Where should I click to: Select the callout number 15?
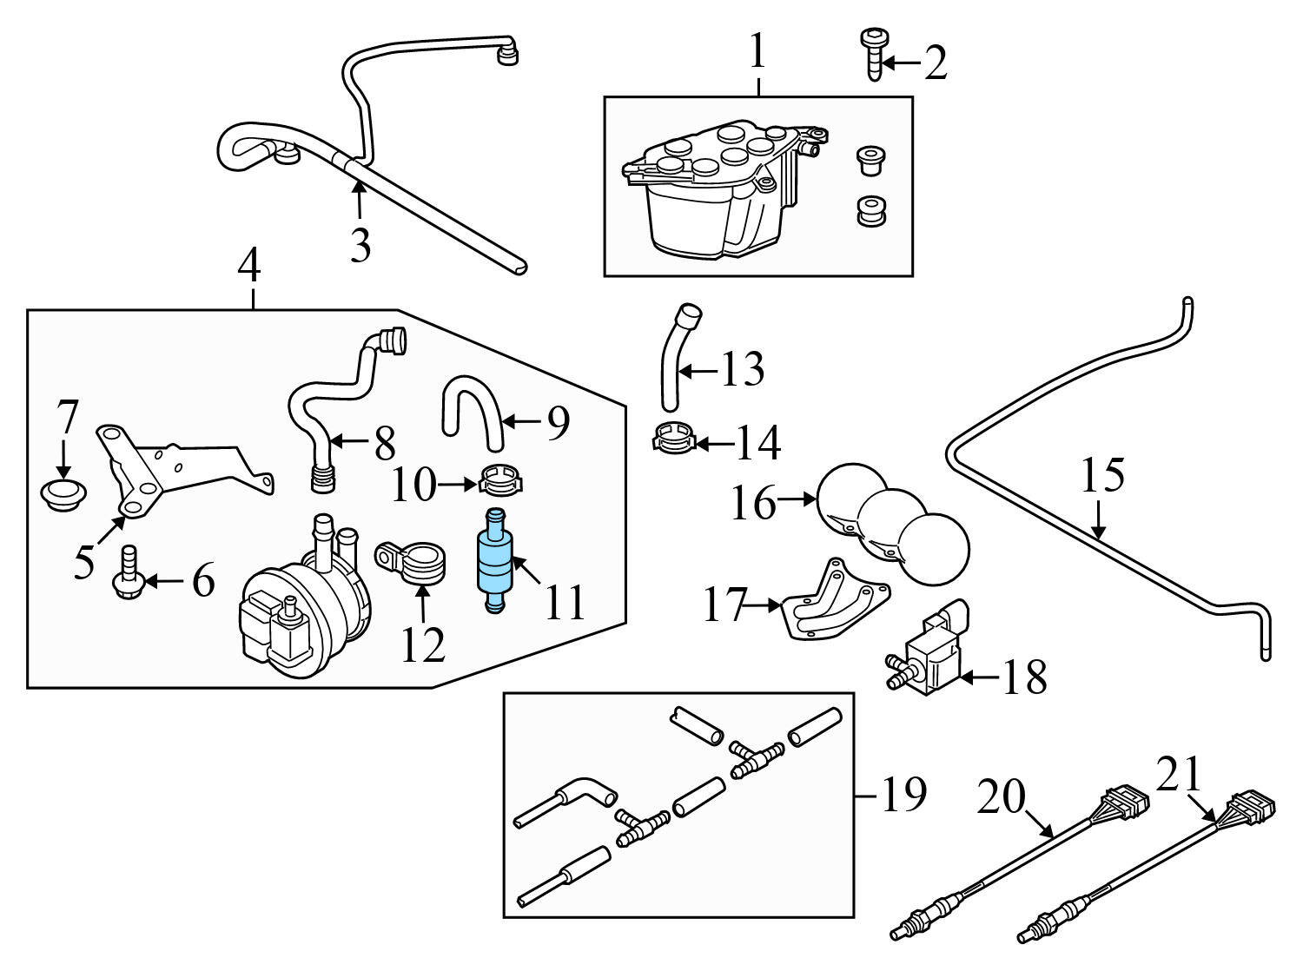tap(1102, 476)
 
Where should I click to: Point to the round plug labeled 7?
tap(63, 496)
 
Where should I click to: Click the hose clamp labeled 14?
tap(674, 438)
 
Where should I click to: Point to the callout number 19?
tap(903, 794)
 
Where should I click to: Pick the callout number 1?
tap(757, 52)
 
